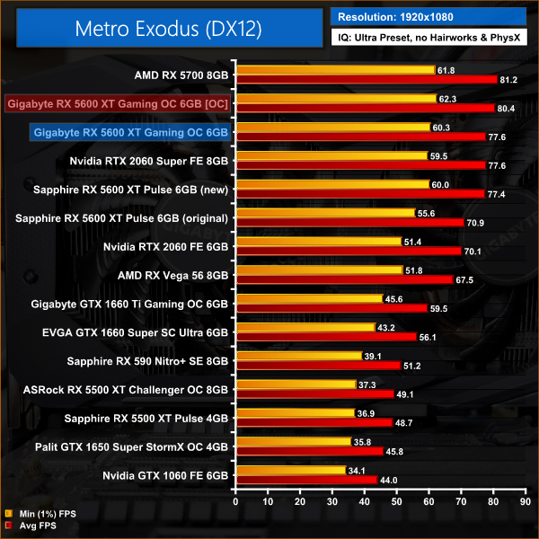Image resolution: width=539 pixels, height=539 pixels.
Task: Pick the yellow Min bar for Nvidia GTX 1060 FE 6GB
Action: coord(290,470)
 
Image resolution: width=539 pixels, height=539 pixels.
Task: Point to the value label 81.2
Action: coord(509,80)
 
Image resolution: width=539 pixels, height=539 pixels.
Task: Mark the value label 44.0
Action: coord(389,481)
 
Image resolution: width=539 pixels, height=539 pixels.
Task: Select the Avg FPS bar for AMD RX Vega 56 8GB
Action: coord(344,280)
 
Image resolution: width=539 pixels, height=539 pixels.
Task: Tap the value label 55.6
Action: coord(427,212)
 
